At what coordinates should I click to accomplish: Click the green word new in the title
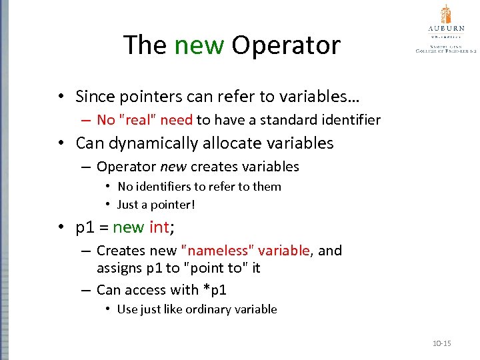coord(199,45)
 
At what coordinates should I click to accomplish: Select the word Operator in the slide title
coord(285,45)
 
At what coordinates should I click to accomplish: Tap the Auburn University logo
coord(445,30)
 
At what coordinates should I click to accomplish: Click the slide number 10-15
coord(441,343)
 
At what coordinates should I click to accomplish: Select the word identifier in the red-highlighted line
coord(351,120)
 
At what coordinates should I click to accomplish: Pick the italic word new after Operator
coord(173,167)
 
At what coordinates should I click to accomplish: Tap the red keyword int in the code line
coord(159,227)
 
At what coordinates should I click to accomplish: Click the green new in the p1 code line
coord(129,227)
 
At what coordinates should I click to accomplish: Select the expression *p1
coord(214,289)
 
